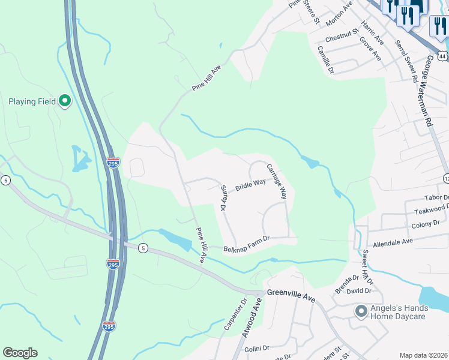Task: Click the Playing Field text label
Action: point(32,101)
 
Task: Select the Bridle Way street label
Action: point(250,185)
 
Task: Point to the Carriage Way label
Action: point(277,181)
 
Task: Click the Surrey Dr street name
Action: point(222,198)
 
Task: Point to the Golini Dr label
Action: point(258,348)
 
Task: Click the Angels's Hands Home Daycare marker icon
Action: point(361,311)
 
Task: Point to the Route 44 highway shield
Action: point(442,56)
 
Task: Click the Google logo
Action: point(20,353)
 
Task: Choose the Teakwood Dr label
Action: point(431,211)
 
